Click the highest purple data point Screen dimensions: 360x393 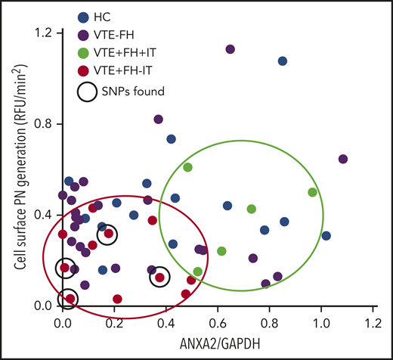click(x=230, y=49)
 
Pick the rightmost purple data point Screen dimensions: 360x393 click(x=343, y=159)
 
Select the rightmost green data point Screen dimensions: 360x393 click(x=312, y=192)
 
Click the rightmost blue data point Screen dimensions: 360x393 click(x=326, y=235)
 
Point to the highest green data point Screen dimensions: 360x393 click(x=187, y=167)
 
